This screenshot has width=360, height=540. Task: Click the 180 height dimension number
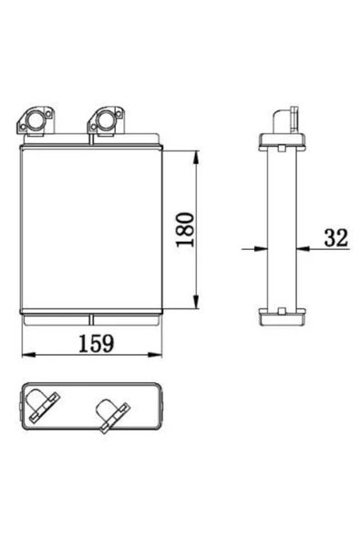click(185, 229)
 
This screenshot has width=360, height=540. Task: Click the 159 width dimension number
click(96, 343)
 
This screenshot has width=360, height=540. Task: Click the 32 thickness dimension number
click(336, 238)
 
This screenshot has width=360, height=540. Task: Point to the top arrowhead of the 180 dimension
click(196, 158)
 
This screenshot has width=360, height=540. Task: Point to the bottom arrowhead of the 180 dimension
click(196, 301)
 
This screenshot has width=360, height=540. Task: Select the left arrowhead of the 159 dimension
click(28, 355)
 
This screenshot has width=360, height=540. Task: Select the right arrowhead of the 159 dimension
click(155, 355)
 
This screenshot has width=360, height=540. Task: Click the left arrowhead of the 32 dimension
click(261, 248)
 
